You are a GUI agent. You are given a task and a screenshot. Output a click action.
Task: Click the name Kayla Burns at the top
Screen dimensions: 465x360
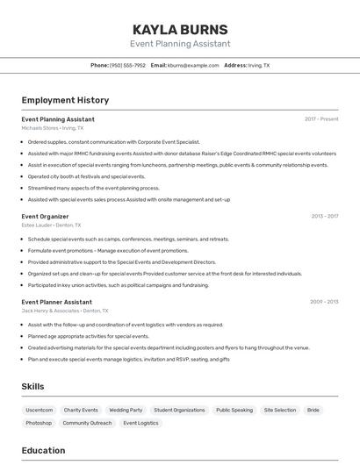click(x=180, y=29)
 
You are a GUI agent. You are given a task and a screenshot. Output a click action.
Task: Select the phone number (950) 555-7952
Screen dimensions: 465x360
click(x=127, y=65)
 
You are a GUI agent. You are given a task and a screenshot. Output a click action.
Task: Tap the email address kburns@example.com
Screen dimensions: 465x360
click(x=193, y=65)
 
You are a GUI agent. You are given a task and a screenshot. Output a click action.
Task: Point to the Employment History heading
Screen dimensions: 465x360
click(x=65, y=101)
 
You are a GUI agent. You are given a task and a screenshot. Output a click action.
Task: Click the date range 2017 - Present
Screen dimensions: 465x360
click(x=321, y=118)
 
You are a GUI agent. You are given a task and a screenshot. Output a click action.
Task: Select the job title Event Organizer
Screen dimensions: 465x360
click(x=45, y=216)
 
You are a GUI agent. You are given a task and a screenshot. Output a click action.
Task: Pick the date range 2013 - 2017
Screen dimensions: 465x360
click(x=324, y=216)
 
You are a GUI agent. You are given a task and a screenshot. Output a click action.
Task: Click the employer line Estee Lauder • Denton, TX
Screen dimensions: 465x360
click(x=52, y=225)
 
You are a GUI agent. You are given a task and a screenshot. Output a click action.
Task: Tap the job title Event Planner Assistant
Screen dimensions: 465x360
click(x=57, y=302)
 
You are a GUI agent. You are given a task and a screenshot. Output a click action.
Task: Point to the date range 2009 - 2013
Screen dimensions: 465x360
click(x=324, y=302)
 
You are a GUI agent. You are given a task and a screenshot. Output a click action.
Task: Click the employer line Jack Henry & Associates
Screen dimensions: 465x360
click(x=65, y=311)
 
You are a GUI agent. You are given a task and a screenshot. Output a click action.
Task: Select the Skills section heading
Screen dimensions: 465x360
click(x=33, y=386)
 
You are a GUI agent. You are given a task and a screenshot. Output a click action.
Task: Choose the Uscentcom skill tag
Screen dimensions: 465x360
click(x=40, y=410)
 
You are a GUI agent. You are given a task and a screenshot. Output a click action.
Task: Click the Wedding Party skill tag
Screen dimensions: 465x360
click(x=126, y=410)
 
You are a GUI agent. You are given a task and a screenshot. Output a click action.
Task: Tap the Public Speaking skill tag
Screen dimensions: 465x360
click(x=234, y=410)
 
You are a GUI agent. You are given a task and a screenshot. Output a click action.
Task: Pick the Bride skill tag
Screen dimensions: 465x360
click(x=313, y=410)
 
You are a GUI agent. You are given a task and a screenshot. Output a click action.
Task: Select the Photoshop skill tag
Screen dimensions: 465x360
click(x=39, y=423)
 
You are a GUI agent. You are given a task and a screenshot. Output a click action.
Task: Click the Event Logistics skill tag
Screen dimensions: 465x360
click(x=140, y=423)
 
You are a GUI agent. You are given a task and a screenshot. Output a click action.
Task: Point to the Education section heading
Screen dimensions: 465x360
click(x=44, y=451)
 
